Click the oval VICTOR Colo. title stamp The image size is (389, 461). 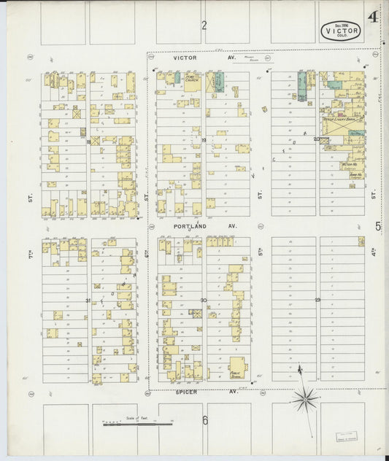[x=340, y=31]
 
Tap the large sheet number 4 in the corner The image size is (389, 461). [x=373, y=17]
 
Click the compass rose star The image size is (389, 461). [x=304, y=398]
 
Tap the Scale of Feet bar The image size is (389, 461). [x=137, y=422]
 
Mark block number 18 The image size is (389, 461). [x=88, y=142]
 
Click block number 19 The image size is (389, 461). [x=204, y=139]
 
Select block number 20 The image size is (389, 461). [x=316, y=139]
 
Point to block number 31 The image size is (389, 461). [x=88, y=301]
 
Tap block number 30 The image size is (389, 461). [x=204, y=301]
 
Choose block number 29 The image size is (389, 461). [x=317, y=300]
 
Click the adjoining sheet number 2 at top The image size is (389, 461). [x=204, y=26]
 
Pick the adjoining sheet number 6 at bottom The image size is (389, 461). [x=205, y=419]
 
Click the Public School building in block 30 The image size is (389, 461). [x=237, y=368]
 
